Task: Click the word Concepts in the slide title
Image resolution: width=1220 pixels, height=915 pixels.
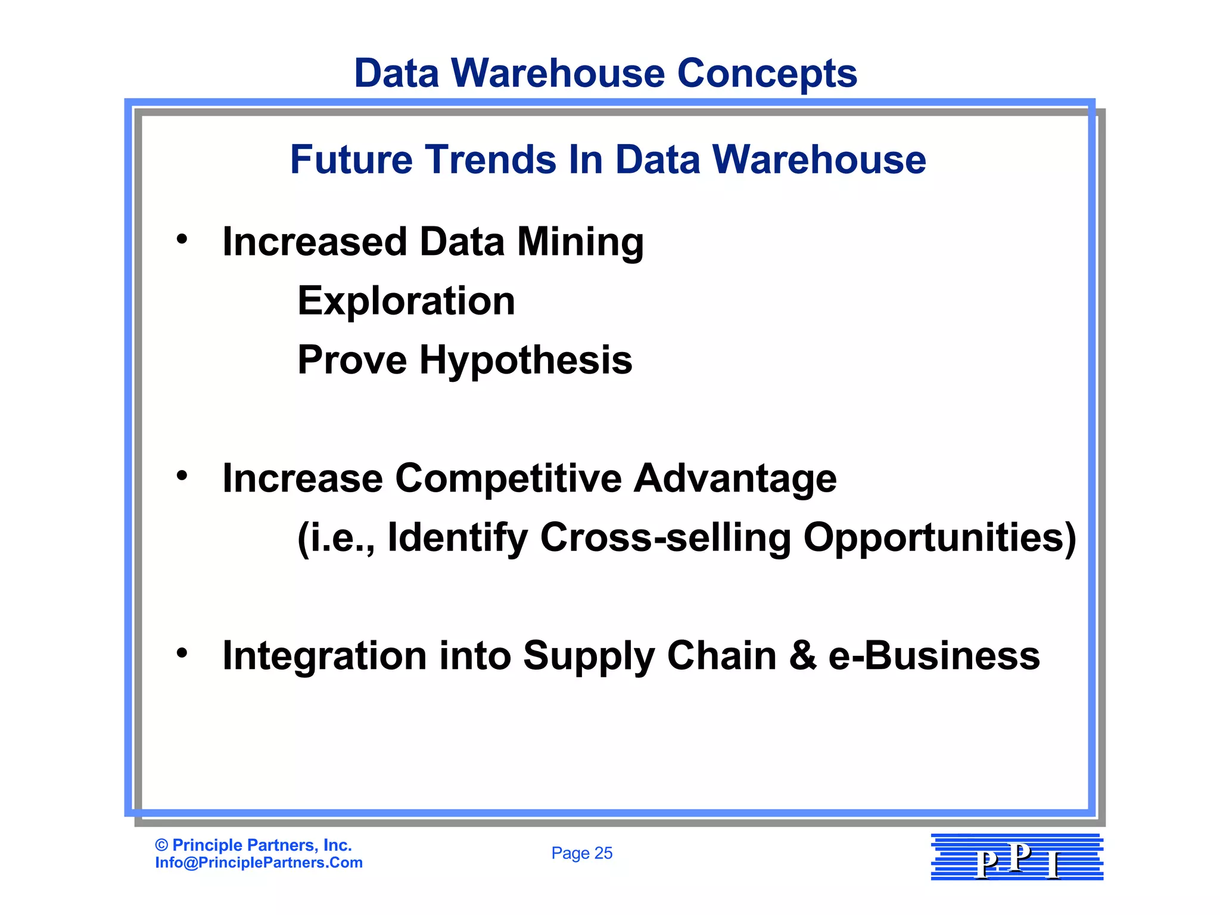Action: coord(767,73)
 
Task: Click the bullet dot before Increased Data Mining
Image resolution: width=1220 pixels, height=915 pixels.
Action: coord(182,239)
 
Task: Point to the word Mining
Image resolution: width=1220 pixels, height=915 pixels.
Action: coord(580,242)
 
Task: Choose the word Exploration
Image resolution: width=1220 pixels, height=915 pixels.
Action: coord(406,301)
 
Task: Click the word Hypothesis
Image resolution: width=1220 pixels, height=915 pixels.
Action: coord(525,360)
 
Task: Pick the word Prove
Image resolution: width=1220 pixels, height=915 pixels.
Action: coord(351,360)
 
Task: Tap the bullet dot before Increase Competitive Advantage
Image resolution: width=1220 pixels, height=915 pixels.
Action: coord(182,475)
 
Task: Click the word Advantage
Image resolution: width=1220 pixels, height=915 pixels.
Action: coord(735,479)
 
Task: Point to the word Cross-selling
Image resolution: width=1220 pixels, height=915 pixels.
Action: coord(665,537)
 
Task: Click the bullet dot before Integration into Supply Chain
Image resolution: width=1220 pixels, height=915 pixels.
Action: coord(182,653)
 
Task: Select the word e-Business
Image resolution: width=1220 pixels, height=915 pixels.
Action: coord(934,655)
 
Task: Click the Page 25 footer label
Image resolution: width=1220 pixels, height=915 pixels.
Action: coord(581,853)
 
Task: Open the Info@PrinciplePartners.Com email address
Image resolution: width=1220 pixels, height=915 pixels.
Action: coord(259,863)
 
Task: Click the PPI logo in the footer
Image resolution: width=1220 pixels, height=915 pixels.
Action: coord(1017,857)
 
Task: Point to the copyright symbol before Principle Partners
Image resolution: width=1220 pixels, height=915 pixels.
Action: coord(161,845)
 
